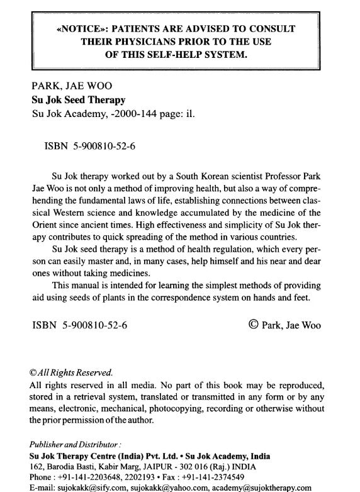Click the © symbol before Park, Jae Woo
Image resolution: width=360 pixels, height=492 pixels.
point(254,325)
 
